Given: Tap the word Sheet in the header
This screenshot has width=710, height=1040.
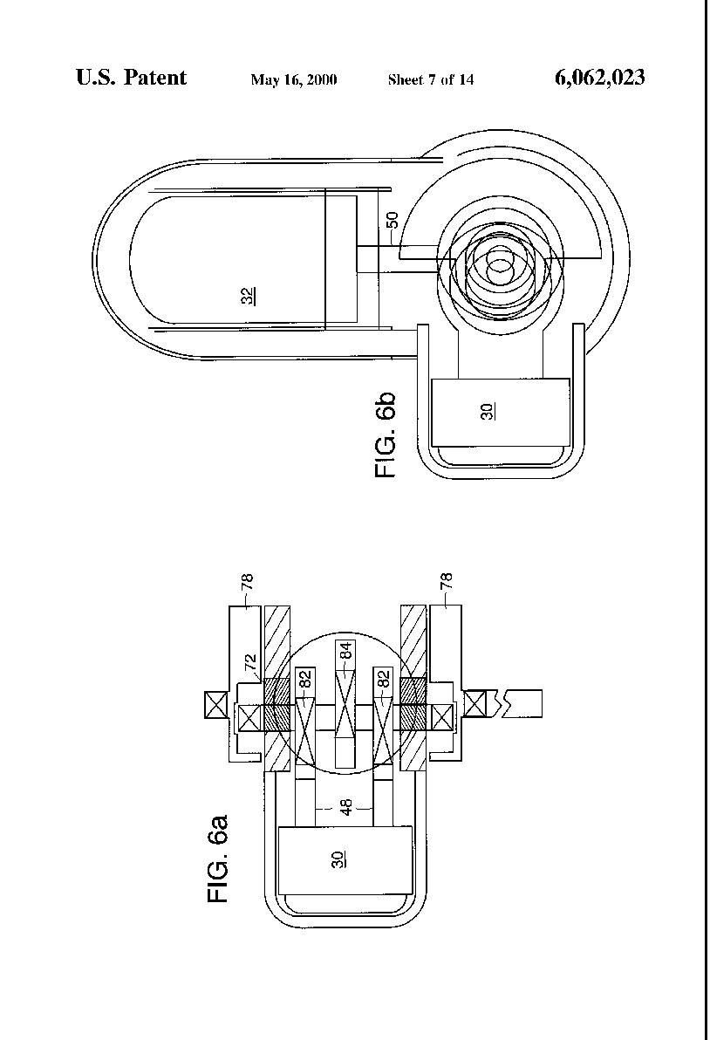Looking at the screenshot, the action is click(x=405, y=80).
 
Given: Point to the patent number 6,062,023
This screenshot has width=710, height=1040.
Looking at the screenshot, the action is click(x=599, y=79).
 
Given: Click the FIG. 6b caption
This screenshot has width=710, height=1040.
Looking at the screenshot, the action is click(x=386, y=434).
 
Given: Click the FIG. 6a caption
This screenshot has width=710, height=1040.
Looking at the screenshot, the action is click(x=218, y=859).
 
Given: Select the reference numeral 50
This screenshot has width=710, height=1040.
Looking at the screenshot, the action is click(x=392, y=220).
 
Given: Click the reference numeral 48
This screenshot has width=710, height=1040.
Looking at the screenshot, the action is click(x=346, y=807).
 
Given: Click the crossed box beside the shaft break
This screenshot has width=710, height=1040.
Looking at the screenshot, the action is click(x=476, y=704).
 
